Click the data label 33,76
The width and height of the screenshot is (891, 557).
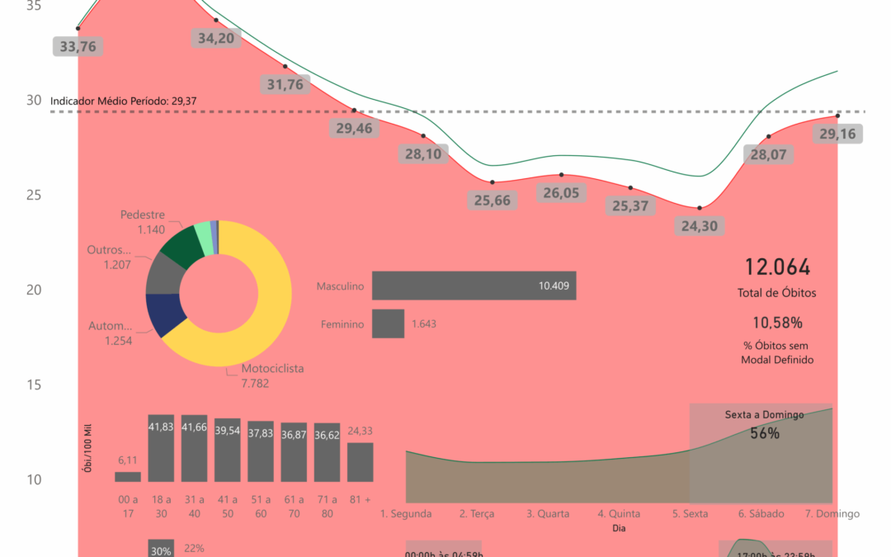tap(78, 46)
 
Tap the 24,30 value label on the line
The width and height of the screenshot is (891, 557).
tap(700, 225)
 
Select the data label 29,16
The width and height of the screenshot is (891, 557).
tap(837, 134)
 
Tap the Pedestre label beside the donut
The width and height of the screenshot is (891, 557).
tap(143, 215)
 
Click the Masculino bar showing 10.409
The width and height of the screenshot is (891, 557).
tap(474, 286)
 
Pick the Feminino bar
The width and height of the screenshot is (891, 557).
tap(388, 323)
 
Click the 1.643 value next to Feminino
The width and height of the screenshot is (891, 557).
tap(424, 324)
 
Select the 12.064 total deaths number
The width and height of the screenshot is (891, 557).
tap(777, 267)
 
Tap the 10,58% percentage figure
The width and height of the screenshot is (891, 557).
tap(777, 322)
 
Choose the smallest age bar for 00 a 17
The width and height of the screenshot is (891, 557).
tap(127, 476)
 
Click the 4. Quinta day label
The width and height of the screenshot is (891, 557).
tap(619, 513)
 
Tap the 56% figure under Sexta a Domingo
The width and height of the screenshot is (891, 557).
tap(765, 433)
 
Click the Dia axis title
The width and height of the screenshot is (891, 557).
tap(618, 528)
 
